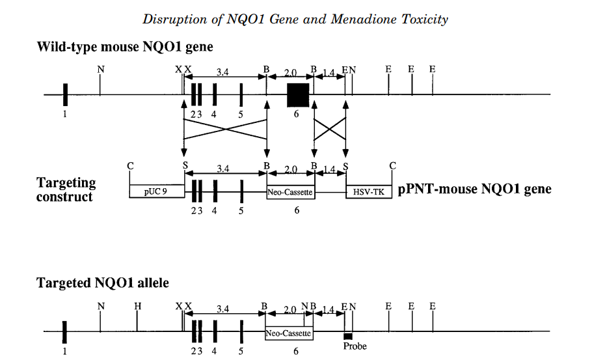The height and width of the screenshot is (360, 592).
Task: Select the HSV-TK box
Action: pyautogui.click(x=369, y=191)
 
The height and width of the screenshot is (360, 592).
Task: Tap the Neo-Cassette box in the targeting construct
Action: pyautogui.click(x=291, y=192)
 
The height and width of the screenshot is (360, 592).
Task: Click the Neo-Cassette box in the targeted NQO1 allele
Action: pyautogui.click(x=289, y=333)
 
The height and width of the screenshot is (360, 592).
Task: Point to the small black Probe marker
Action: pyautogui.click(x=348, y=336)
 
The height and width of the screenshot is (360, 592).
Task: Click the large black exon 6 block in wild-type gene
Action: pyautogui.click(x=298, y=94)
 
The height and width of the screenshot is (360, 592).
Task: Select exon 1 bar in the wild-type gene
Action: pyautogui.click(x=65, y=94)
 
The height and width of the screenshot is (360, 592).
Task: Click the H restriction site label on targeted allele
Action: pyautogui.click(x=137, y=306)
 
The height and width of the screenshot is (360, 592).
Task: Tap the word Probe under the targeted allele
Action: pyautogui.click(x=355, y=346)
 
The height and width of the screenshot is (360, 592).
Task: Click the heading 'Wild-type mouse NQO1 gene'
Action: pyautogui.click(x=125, y=47)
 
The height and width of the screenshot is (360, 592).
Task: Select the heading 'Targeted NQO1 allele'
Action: pyautogui.click(x=103, y=283)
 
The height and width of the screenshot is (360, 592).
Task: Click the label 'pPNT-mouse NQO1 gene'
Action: pyautogui.click(x=475, y=189)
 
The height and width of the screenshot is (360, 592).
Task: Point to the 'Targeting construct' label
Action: pyautogui.click(x=66, y=189)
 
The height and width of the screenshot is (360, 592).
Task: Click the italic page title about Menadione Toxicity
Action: pyautogui.click(x=295, y=19)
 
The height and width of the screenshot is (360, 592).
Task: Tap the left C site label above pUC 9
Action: pyautogui.click(x=131, y=166)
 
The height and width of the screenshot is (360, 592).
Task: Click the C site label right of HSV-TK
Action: pyautogui.click(x=392, y=166)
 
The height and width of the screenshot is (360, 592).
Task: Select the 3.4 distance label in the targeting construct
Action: pyautogui.click(x=223, y=169)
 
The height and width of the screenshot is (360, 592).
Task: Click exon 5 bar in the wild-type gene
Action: pyautogui.click(x=241, y=94)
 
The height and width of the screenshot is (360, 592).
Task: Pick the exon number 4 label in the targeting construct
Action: pyautogui.click(x=214, y=211)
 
